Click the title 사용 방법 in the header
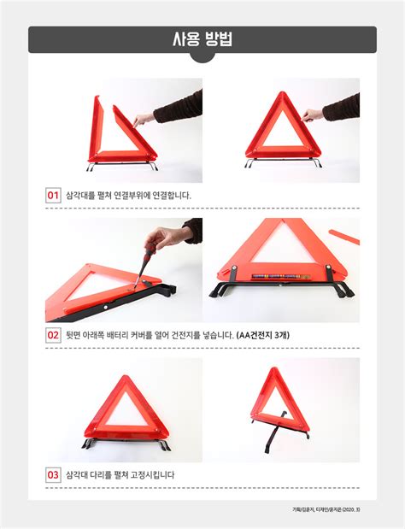click(202, 39)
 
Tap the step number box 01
click(53, 195)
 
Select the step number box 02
click(53, 335)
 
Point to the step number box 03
click(53, 474)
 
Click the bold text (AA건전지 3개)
click(263, 335)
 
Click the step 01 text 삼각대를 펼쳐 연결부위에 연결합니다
click(128, 195)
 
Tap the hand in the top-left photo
click(145, 117)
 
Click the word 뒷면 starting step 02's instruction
click(75, 335)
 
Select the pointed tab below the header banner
click(202, 58)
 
